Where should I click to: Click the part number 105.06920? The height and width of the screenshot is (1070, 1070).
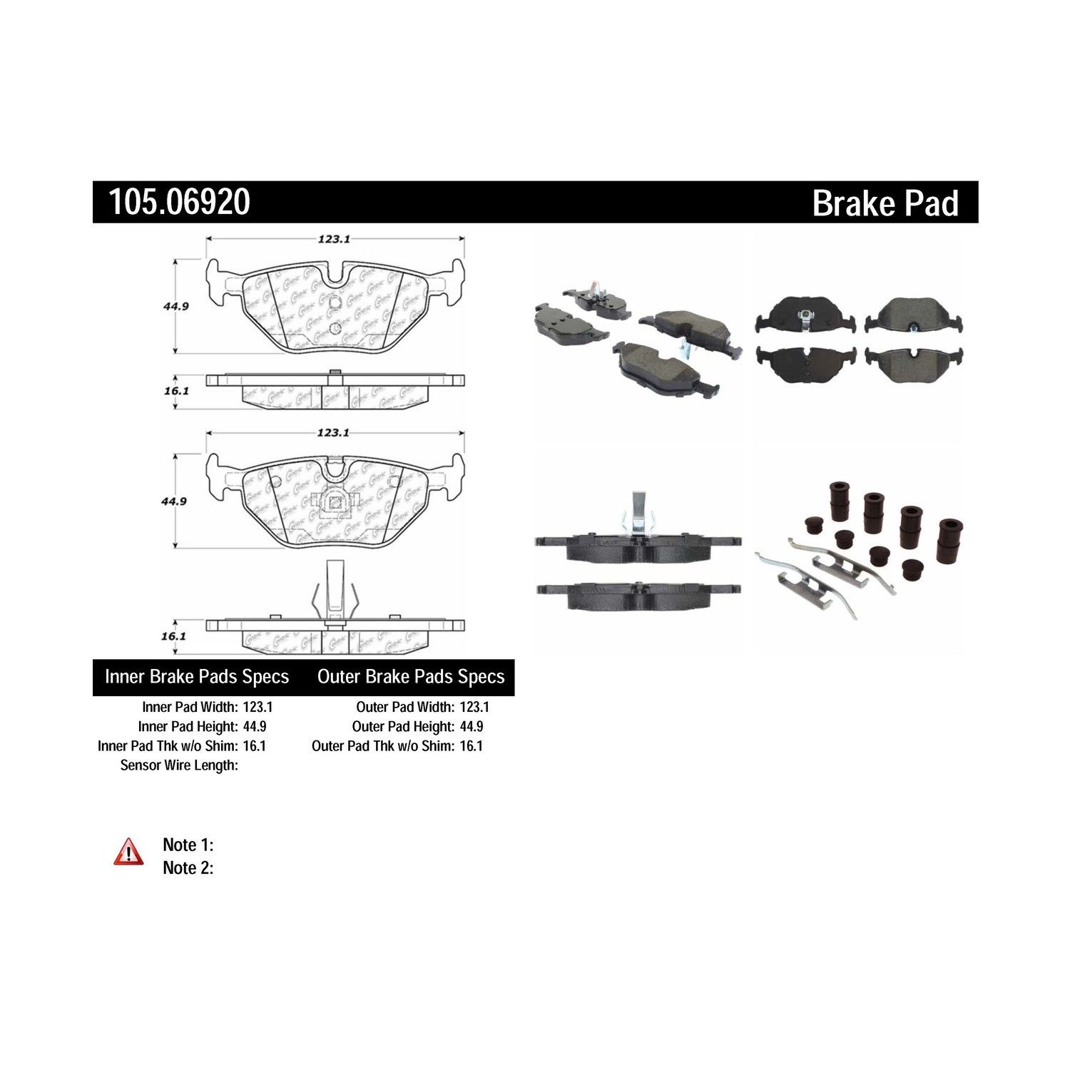tap(179, 202)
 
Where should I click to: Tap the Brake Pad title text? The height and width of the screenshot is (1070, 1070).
tap(885, 203)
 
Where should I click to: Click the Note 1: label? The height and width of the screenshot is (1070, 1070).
tap(188, 845)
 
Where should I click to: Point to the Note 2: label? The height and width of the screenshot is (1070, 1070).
tap(188, 867)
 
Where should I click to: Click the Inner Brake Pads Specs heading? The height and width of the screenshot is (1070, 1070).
tap(197, 676)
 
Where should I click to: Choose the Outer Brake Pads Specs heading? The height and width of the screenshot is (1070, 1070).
tap(411, 676)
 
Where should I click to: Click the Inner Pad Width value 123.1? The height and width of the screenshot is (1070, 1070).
tap(258, 707)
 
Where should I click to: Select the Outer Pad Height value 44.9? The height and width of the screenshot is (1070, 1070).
tap(472, 726)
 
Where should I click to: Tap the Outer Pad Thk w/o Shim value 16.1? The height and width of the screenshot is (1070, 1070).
tap(472, 745)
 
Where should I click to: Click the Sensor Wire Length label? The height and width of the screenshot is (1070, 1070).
tap(179, 765)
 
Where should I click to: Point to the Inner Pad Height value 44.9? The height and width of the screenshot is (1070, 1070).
tap(258, 726)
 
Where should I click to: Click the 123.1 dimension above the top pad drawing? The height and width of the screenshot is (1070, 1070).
tap(334, 240)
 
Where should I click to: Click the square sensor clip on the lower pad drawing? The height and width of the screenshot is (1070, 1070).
tap(335, 502)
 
